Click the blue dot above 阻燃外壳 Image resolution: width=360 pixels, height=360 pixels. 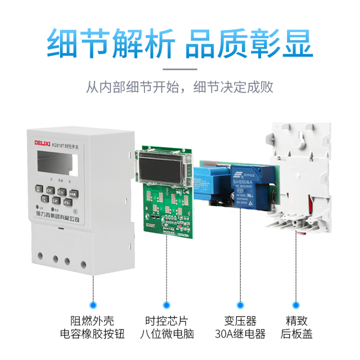pyautogui.click(x=94, y=305)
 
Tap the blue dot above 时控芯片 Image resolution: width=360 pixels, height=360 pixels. pyautogui.click(x=167, y=305)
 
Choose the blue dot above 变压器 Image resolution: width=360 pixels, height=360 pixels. pyautogui.click(x=240, y=305)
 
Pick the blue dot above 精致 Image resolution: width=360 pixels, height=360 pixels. pyautogui.click(x=297, y=305)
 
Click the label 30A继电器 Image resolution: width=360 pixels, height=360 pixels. pyautogui.click(x=240, y=334)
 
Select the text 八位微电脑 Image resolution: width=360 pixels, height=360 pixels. pyautogui.click(x=167, y=334)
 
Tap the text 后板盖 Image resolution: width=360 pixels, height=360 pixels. pyautogui.click(x=297, y=334)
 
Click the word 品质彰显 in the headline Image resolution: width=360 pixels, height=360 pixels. pyautogui.click(x=249, y=43)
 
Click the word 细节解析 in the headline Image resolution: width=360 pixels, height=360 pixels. pyautogui.click(x=110, y=43)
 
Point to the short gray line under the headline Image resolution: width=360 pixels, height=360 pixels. pyautogui.click(x=180, y=69)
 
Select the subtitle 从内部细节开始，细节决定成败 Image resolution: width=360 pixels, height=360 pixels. pyautogui.click(x=180, y=86)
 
